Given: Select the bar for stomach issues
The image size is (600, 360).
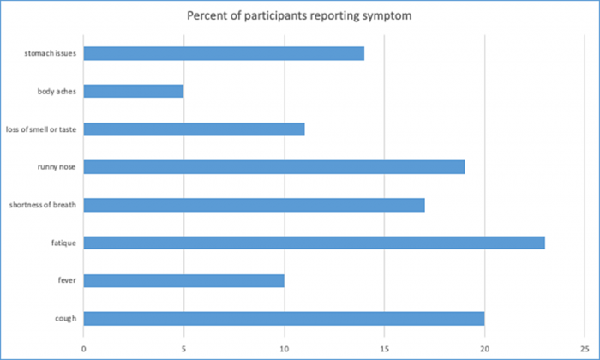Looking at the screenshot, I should (x=224, y=53).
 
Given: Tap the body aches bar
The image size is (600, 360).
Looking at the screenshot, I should (x=134, y=91).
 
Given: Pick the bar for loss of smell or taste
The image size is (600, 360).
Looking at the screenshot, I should (x=194, y=129).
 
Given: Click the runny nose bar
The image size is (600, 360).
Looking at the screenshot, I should (x=274, y=167).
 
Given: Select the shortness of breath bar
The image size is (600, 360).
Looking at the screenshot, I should (x=254, y=205).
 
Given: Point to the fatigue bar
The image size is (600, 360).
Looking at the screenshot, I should (x=314, y=243).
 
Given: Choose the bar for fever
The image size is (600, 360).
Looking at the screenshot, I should (x=183, y=280).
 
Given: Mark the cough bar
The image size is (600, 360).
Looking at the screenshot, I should (x=284, y=318).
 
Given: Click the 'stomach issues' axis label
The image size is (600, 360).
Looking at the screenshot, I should (x=51, y=53).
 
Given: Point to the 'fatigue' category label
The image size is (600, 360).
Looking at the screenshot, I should (x=64, y=243).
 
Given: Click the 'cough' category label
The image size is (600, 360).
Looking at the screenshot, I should (x=65, y=318).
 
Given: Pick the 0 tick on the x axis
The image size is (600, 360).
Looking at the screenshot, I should (x=84, y=347).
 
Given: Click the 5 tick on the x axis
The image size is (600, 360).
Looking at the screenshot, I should (x=183, y=347).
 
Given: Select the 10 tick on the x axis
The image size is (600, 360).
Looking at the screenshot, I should (x=284, y=347).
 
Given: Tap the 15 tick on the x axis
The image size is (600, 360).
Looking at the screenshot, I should (x=384, y=347).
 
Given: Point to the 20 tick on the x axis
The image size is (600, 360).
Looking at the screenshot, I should (x=484, y=347).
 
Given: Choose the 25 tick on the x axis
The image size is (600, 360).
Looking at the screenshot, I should (x=585, y=347).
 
